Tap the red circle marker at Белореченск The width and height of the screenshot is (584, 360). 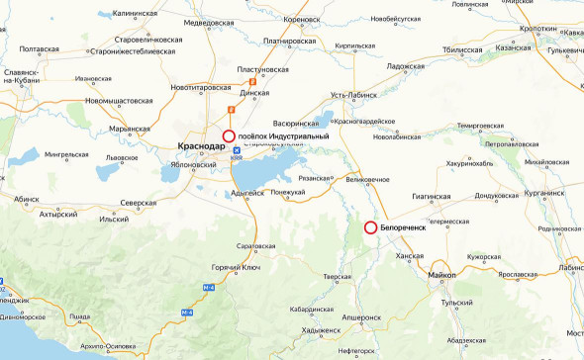point(370,227)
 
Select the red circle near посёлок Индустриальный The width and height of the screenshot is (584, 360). point(229,135)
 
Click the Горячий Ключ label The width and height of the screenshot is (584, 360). point(235,268)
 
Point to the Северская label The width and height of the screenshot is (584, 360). point(139,203)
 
